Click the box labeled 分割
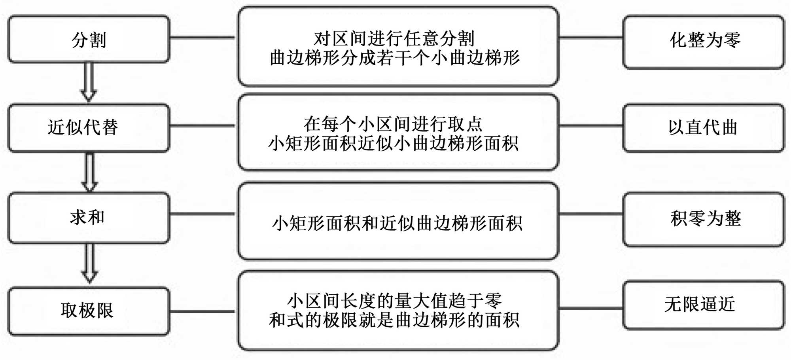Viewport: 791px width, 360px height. [89, 40]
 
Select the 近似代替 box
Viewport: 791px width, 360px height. [89, 128]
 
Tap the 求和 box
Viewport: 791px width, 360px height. [89, 218]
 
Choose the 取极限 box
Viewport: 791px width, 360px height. [89, 311]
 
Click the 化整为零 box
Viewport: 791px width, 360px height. [704, 42]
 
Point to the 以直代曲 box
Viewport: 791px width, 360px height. [704, 128]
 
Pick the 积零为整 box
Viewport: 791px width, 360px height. [704, 219]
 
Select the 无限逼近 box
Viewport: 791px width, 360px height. [704, 305]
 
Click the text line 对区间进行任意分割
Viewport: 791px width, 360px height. [394, 39]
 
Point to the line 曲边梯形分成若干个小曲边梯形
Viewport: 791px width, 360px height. [395, 58]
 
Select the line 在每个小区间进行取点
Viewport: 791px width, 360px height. [393, 124]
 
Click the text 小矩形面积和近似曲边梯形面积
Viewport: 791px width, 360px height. [397, 223]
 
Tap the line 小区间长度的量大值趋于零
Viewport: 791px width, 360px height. [395, 301]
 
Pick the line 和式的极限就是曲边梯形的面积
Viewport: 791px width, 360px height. [394, 320]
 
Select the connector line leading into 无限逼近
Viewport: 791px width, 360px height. [591, 308]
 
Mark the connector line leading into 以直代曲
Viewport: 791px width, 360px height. [591, 126]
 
